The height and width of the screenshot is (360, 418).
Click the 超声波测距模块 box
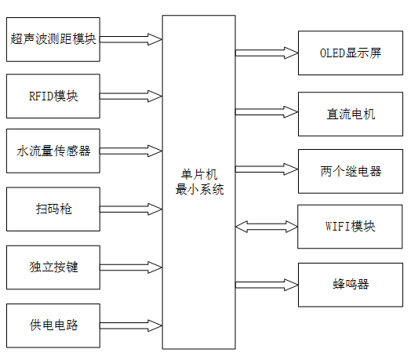tap(53, 38)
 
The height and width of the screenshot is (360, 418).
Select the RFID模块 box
tap(53, 96)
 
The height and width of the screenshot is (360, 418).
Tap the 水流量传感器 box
tap(53, 151)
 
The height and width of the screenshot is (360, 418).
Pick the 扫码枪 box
tap(53, 209)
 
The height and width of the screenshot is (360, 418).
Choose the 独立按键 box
tap(53, 267)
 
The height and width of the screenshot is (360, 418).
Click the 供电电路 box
tap(53, 325)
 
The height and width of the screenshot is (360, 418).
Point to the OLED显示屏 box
tap(351, 53)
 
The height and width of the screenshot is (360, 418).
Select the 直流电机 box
tap(351, 114)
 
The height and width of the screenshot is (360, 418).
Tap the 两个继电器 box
tap(351, 171)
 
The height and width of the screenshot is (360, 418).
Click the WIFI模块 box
tap(351, 227)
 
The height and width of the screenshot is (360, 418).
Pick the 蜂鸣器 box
tap(351, 284)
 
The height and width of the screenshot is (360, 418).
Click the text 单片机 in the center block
tap(198, 174)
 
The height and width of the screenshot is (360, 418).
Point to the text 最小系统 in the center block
tap(198, 189)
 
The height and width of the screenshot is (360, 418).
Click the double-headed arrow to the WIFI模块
tap(267, 227)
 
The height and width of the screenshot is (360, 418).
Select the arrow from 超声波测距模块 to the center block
tap(132, 38)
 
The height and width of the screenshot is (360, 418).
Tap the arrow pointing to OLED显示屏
tap(267, 53)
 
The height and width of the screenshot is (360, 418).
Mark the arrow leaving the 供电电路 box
tap(132, 325)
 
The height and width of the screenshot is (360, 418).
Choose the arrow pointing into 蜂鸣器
tap(267, 283)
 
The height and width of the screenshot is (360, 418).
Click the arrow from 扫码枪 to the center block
tap(132, 209)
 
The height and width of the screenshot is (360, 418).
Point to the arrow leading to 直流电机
tap(267, 113)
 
